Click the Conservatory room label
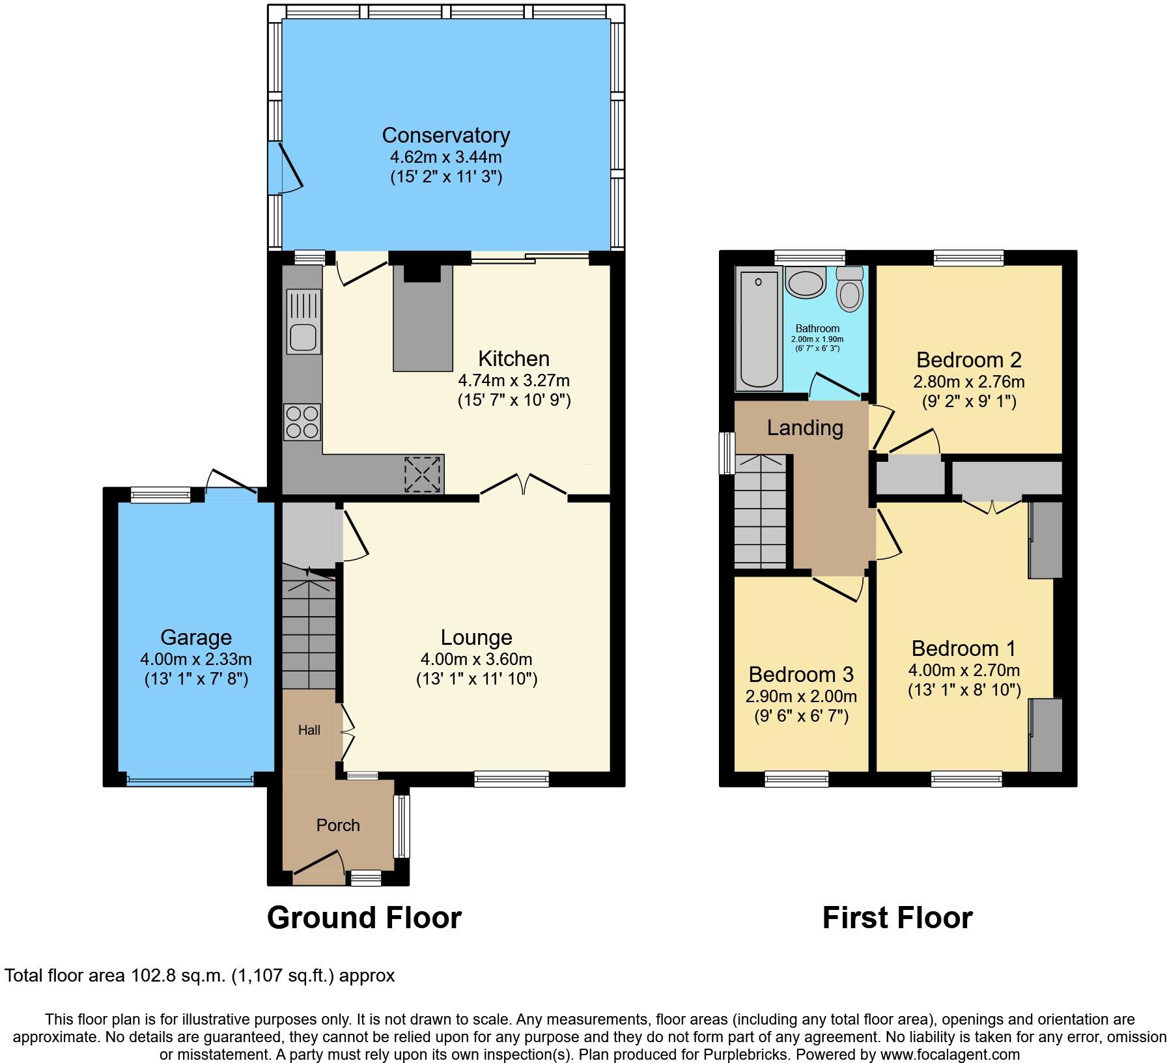point(445,135)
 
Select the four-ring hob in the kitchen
point(302,422)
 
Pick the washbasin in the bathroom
point(806,283)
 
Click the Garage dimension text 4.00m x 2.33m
point(196,659)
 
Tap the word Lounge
point(476,638)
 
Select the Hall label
point(309,730)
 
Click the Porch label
point(338,825)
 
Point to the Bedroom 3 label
point(801,674)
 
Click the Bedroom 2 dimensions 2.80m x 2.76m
point(968,382)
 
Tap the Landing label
point(805,428)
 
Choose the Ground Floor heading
point(364,918)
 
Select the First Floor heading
point(897,918)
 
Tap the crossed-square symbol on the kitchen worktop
point(423,474)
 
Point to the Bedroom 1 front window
point(966,778)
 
